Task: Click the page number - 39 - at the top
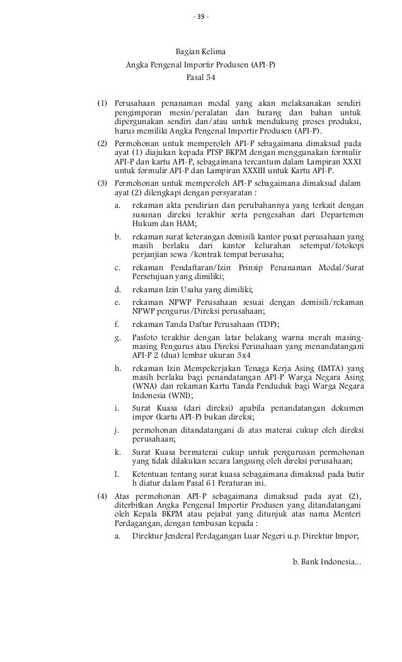(x=201, y=16)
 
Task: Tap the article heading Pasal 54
(x=201, y=78)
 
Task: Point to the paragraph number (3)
(x=102, y=183)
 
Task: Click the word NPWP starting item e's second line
(x=142, y=311)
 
